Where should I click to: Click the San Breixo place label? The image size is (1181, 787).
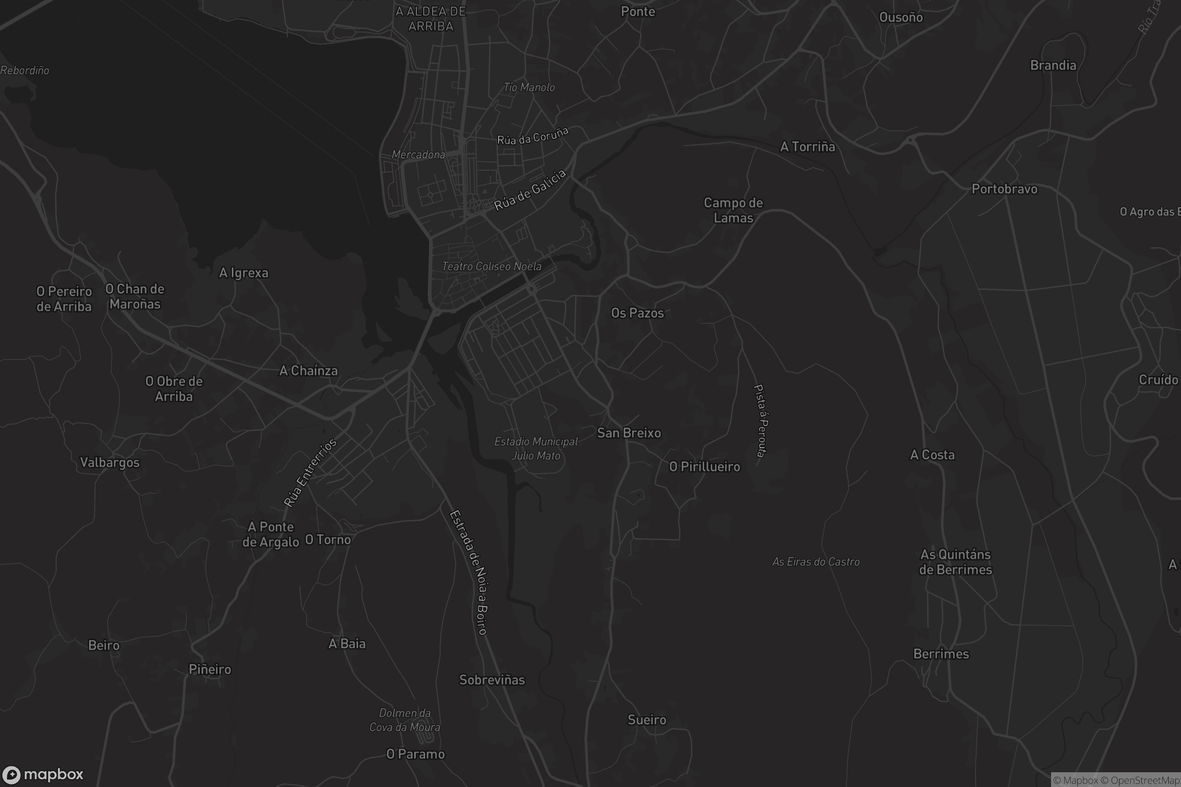(629, 433)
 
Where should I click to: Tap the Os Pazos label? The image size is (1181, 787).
(637, 313)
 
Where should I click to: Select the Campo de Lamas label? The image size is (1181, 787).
(733, 211)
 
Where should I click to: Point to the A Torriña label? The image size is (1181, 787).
(808, 147)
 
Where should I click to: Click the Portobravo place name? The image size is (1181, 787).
(1004, 189)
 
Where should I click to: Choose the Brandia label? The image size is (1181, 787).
(1053, 65)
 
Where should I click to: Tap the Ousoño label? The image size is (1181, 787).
(901, 17)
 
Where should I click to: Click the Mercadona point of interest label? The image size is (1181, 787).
(418, 154)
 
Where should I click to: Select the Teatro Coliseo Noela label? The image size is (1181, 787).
(491, 267)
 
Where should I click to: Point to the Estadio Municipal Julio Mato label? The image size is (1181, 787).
(536, 449)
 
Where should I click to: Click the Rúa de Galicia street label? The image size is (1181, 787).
(530, 190)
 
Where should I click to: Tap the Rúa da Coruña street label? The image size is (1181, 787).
(532, 136)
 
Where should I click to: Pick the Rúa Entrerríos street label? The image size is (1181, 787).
(310, 472)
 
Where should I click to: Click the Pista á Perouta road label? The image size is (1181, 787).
(761, 421)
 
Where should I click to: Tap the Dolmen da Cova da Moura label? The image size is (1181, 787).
(404, 720)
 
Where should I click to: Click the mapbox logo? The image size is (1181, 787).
(43, 774)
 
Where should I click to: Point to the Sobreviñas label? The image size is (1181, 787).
(492, 680)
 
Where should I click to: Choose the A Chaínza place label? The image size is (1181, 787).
(309, 371)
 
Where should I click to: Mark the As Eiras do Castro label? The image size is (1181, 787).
(815, 562)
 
